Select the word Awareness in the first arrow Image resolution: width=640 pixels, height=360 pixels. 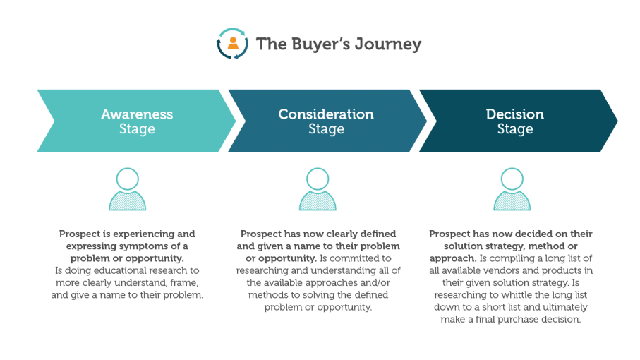pos(137,114)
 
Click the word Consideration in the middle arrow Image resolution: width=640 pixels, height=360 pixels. pos(326,114)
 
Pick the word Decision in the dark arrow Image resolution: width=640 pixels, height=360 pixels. pos(515,114)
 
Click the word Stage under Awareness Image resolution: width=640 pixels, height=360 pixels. pos(137,129)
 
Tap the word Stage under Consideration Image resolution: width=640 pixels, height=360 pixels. pos(326,129)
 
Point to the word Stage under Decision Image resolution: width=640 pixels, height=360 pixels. pos(515,129)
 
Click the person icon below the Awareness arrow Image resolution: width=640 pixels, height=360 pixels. pos(128,189)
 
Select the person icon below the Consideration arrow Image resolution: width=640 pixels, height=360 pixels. pos(318,189)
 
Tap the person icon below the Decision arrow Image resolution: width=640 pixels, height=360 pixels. pos(512,189)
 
